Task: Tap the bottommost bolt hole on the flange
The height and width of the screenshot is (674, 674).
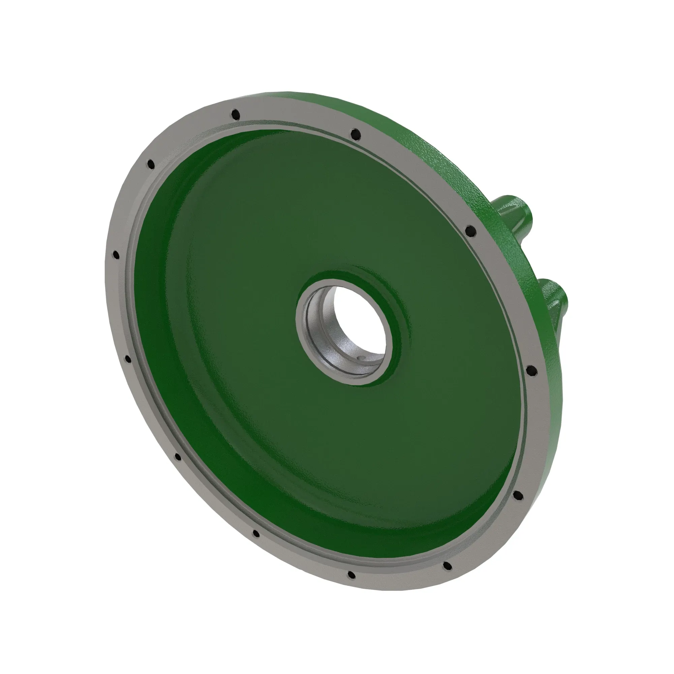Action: pos(351,574)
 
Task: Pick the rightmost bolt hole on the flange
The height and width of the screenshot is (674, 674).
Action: pos(529,369)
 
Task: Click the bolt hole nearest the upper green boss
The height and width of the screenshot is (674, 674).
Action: pos(470,230)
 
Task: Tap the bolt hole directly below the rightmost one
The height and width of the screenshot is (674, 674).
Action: pos(517,495)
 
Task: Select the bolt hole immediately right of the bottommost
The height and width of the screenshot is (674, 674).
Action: pos(447,566)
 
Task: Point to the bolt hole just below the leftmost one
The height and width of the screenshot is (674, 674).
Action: pos(128,359)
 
